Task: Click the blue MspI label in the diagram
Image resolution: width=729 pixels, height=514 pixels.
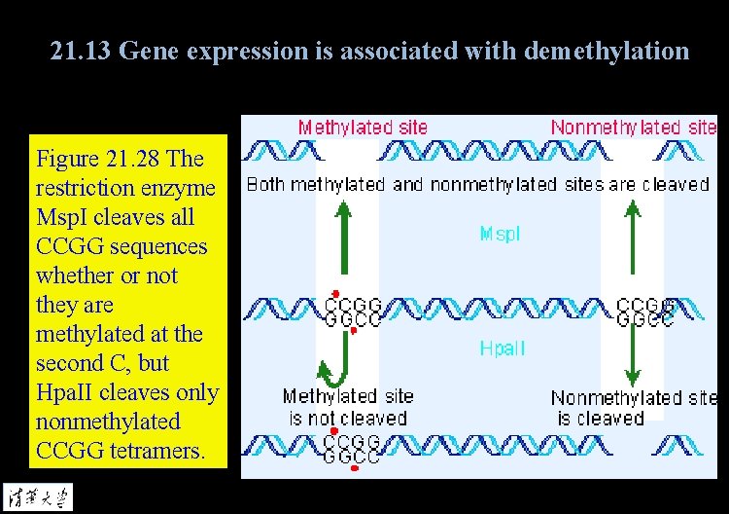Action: click(501, 234)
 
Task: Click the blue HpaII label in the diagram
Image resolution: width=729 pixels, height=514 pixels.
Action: click(503, 349)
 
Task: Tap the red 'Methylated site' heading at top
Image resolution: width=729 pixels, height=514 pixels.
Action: click(363, 127)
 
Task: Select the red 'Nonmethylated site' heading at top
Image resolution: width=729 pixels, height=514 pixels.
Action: click(634, 127)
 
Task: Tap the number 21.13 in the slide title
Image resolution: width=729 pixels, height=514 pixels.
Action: click(82, 51)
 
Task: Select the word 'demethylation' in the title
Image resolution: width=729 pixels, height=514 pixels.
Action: click(607, 51)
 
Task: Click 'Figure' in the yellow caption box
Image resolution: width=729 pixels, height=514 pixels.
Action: click(68, 159)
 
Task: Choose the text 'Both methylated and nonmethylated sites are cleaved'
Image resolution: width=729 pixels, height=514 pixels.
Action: click(478, 184)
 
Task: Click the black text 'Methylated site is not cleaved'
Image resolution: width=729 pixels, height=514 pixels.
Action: click(348, 408)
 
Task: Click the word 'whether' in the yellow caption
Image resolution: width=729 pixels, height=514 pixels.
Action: click(73, 275)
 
